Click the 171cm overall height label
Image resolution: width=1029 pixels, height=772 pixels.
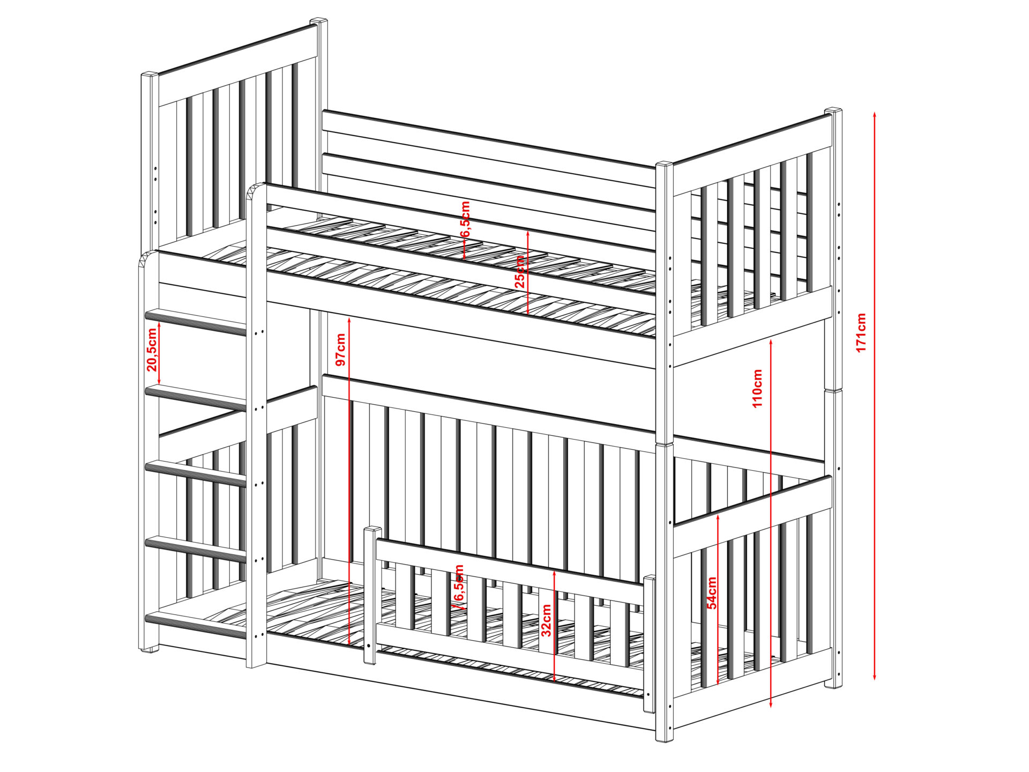tap(861, 333)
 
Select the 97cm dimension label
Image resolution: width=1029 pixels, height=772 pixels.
tap(340, 350)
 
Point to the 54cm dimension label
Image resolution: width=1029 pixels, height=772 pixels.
tap(712, 593)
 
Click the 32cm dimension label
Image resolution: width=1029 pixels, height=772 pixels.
tap(546, 620)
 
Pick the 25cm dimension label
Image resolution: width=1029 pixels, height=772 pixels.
tap(520, 272)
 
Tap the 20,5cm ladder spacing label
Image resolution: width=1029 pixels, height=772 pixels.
tap(152, 350)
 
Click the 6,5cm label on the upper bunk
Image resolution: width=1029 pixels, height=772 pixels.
tap(466, 219)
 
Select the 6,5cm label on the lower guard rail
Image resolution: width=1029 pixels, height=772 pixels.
tap(459, 583)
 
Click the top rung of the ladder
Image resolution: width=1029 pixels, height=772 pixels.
tap(196, 321)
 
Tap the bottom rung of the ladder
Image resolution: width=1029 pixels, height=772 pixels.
tap(196, 625)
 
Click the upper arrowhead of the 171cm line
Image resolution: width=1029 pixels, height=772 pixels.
tap(874, 114)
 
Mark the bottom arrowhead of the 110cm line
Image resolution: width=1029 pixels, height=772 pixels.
tap(771, 704)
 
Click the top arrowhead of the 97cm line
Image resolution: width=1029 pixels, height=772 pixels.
tap(349, 320)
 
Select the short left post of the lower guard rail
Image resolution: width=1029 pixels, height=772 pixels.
tap(370, 596)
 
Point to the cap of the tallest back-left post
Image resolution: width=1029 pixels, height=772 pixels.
tap(319, 21)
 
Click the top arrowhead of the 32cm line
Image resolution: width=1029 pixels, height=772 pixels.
tap(554, 574)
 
